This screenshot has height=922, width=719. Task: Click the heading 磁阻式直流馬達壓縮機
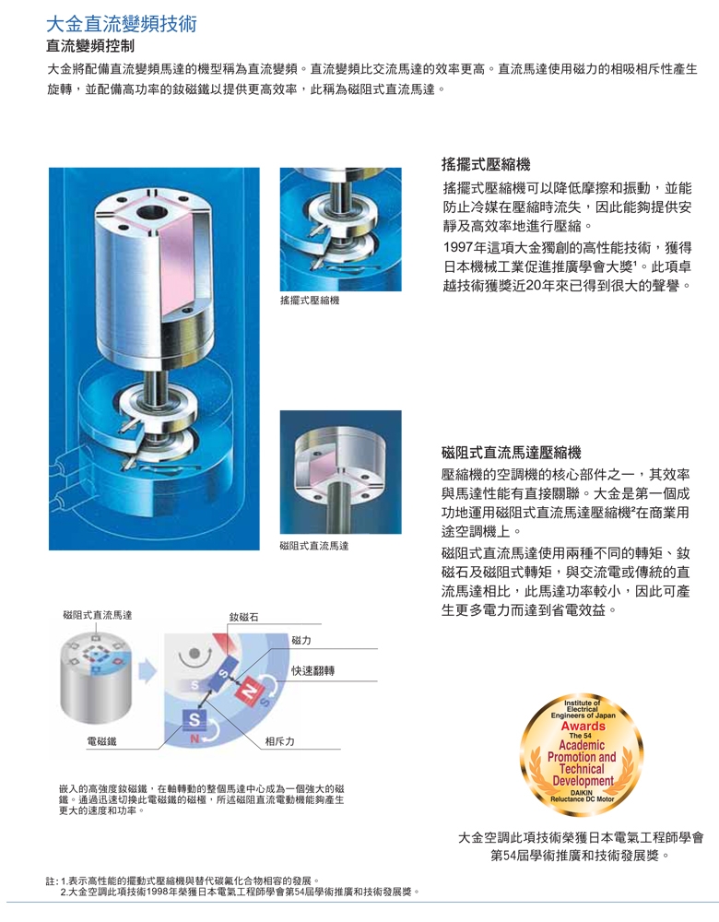(512, 452)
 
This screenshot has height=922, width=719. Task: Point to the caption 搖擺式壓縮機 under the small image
(310, 301)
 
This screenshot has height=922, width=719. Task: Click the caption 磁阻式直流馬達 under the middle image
(314, 546)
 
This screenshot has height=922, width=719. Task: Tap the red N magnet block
(248, 690)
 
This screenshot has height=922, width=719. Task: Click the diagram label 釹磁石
(243, 616)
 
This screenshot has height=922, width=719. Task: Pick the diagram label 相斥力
(279, 741)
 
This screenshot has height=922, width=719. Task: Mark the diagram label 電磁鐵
(100, 741)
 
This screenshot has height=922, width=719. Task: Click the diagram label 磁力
(301, 640)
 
